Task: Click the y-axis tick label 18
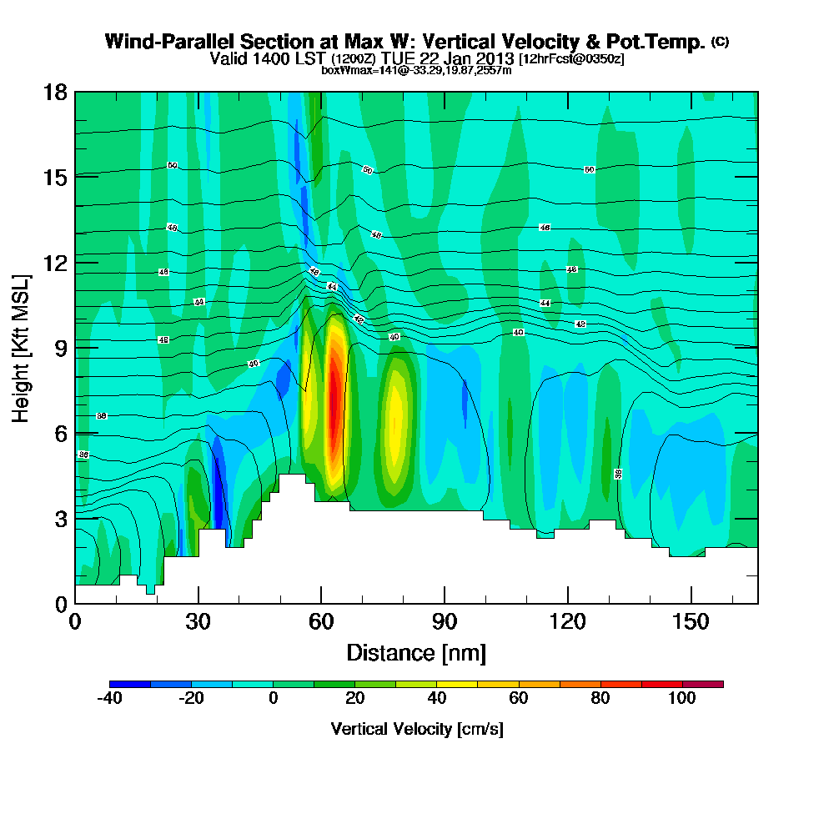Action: pyautogui.click(x=56, y=92)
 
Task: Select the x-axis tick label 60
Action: pyautogui.click(x=321, y=622)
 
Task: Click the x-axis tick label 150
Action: pyautogui.click(x=690, y=622)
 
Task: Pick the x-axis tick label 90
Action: pyautogui.click(x=445, y=622)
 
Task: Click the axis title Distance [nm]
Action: pyautogui.click(x=416, y=652)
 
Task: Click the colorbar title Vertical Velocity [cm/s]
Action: pyautogui.click(x=416, y=729)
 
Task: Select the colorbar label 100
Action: pyautogui.click(x=682, y=699)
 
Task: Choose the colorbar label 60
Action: pyautogui.click(x=519, y=699)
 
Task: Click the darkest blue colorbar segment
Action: pyautogui.click(x=130, y=684)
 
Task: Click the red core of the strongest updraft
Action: pyautogui.click(x=334, y=400)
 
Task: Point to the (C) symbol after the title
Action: pyautogui.click(x=720, y=42)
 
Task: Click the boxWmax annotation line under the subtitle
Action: pyautogui.click(x=416, y=70)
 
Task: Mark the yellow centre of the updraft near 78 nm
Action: pyautogui.click(x=397, y=413)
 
